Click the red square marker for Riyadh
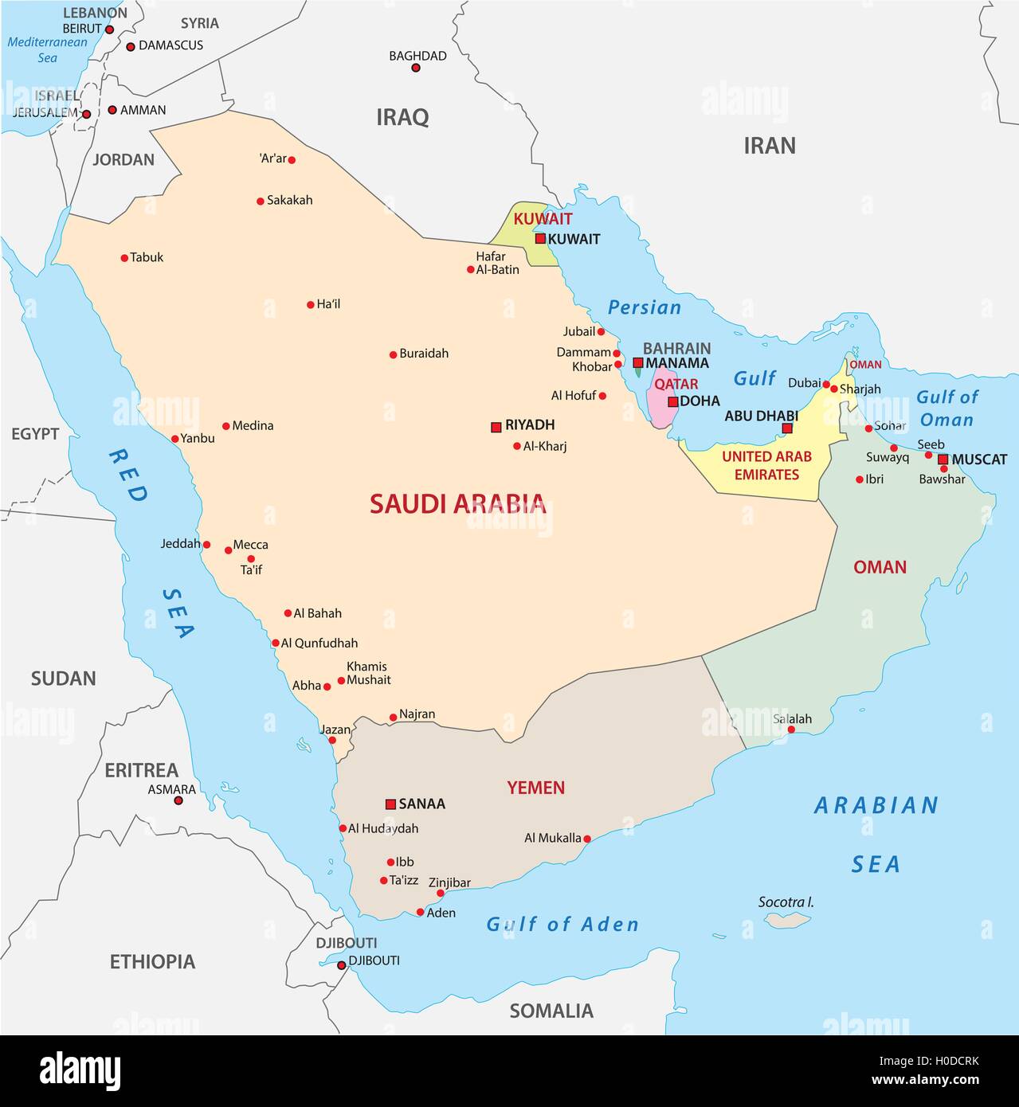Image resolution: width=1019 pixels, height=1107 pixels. [x=496, y=427]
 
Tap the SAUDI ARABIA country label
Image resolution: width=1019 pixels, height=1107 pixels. [x=457, y=503]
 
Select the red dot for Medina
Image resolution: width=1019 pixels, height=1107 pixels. [x=226, y=426]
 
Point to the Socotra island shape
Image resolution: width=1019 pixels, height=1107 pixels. [x=786, y=920]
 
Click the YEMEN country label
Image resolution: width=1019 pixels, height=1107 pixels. [x=535, y=788]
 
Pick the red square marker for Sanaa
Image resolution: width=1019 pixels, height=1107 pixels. [x=390, y=804]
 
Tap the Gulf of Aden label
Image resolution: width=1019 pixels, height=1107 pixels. [x=562, y=924]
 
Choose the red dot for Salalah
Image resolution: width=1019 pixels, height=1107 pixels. [x=791, y=730]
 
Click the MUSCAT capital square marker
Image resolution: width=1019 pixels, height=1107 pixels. [x=943, y=460]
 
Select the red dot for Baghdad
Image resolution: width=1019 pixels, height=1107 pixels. [x=415, y=68]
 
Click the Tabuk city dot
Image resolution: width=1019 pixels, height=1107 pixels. [x=124, y=258]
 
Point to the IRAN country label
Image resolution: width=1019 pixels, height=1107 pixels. [x=769, y=146]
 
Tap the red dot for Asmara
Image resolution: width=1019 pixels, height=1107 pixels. [x=178, y=800]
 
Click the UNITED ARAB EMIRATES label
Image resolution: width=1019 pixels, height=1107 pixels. [x=766, y=465]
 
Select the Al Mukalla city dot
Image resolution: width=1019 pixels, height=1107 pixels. [x=587, y=839]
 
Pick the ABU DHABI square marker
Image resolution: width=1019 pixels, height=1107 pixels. [x=787, y=428]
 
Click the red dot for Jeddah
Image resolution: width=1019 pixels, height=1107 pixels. [x=206, y=545]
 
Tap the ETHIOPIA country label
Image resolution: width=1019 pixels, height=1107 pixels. [x=152, y=961]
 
